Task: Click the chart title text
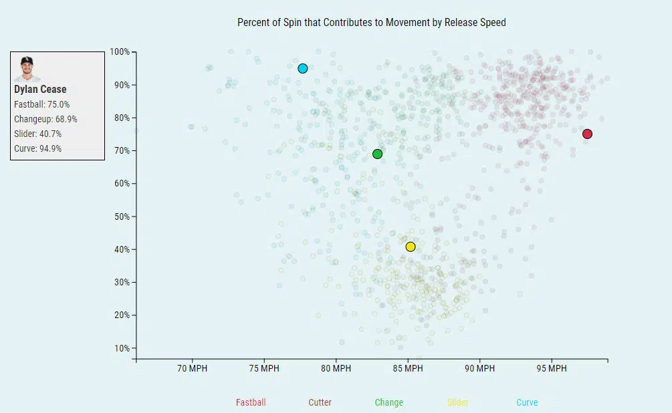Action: click(371, 22)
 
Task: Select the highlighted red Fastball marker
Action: click(587, 134)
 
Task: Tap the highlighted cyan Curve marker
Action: click(303, 68)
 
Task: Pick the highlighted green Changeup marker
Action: click(377, 154)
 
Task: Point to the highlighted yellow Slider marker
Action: click(411, 247)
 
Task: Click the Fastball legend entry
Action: click(251, 402)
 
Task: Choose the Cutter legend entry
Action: click(320, 402)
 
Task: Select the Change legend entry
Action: click(388, 402)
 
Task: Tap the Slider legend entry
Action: click(457, 402)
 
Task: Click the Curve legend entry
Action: click(527, 402)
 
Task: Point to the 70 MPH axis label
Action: click(192, 368)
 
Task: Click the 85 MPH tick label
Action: click(407, 368)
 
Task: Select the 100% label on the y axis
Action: click(120, 52)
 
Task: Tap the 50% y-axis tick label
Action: click(122, 217)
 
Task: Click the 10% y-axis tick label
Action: click(122, 348)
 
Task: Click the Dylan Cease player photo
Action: click(27, 68)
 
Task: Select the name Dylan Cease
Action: click(40, 89)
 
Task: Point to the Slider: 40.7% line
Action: click(37, 134)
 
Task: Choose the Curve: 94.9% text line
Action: click(37, 148)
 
